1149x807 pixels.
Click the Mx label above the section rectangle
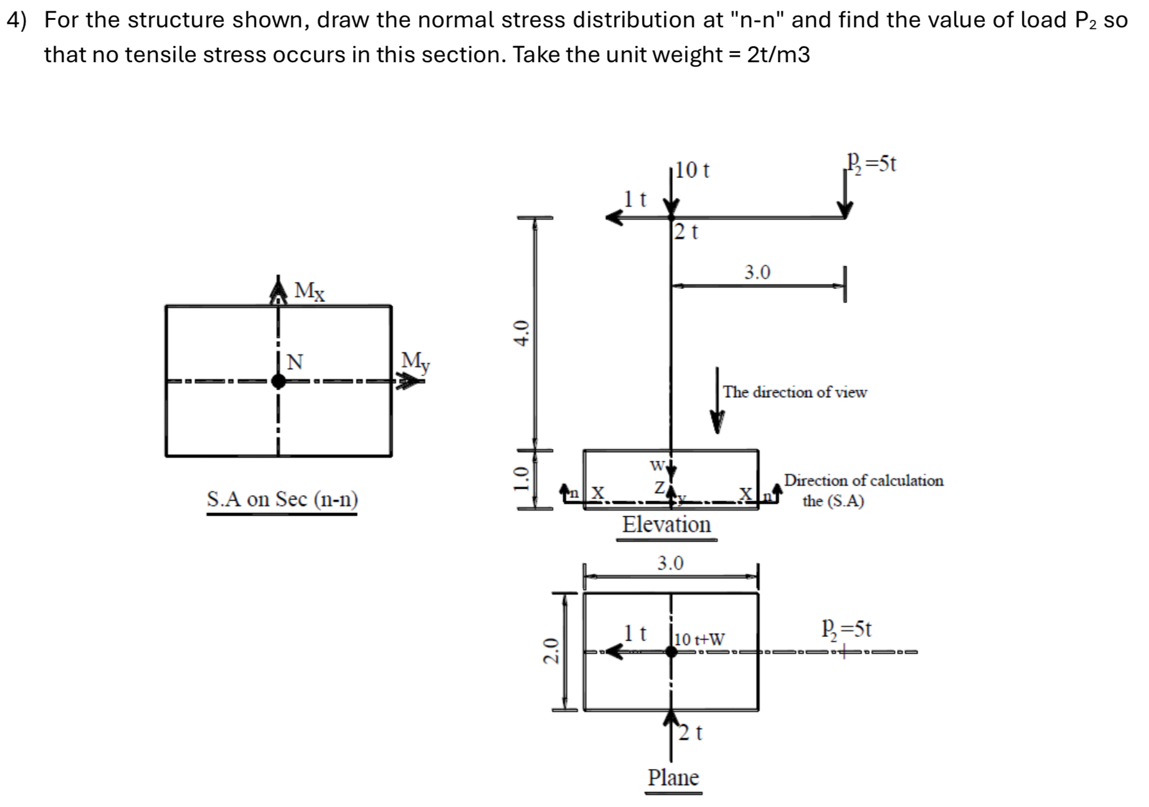(x=310, y=290)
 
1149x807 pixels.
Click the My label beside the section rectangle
(x=415, y=361)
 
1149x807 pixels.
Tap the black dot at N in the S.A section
(x=278, y=381)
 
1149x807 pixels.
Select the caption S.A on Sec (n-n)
(x=282, y=499)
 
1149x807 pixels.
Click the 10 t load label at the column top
(x=693, y=170)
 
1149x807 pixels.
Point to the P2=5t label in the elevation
(x=871, y=164)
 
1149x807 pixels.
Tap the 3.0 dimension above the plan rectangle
(x=671, y=564)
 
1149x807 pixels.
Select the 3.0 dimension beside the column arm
(x=757, y=272)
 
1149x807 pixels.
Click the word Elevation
(x=666, y=525)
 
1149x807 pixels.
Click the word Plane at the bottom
(x=673, y=778)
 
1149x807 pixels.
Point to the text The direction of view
(x=795, y=392)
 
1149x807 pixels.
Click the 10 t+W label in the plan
(x=700, y=639)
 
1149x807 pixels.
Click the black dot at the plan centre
(x=671, y=652)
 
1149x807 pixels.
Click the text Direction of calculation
(x=863, y=481)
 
